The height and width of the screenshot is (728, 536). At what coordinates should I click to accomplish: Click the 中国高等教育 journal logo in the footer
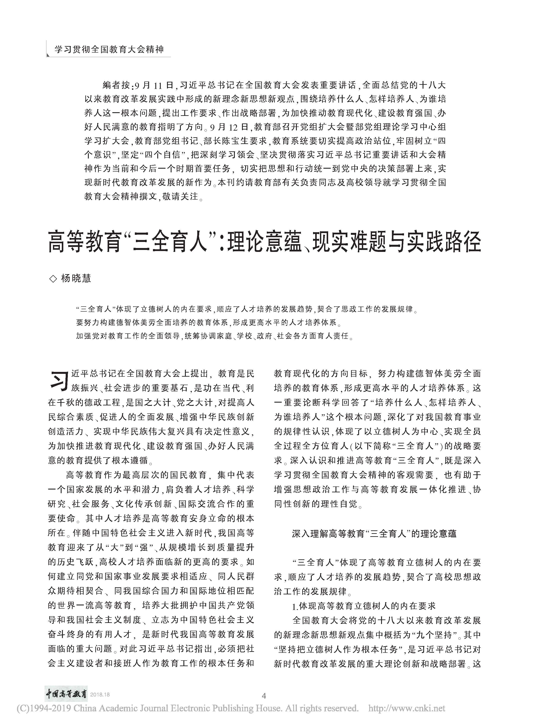pyautogui.click(x=66, y=694)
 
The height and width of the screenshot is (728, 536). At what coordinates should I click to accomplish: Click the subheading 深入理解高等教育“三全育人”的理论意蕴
pyautogui.click(x=374, y=533)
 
